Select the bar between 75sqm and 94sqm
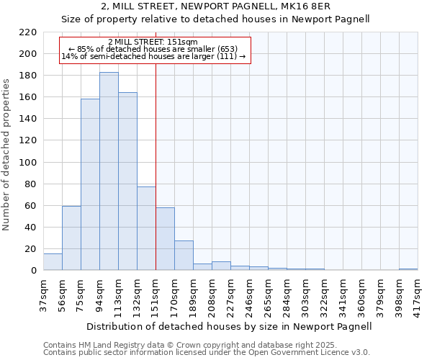90,184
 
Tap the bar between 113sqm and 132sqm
127,181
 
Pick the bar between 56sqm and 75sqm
71,238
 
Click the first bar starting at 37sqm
53,262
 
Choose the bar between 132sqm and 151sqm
146,228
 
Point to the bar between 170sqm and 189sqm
184,256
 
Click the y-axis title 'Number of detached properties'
7,155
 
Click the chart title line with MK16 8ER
215,6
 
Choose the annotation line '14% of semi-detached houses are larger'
153,56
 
